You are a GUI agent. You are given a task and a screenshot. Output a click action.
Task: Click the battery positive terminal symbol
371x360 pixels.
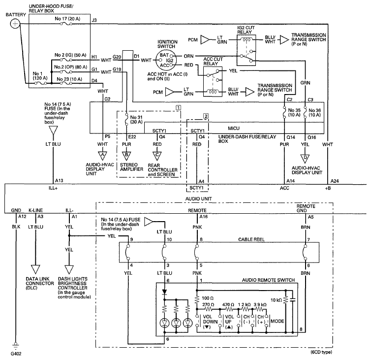15,24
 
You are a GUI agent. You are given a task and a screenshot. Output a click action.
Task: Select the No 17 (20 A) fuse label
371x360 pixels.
67,19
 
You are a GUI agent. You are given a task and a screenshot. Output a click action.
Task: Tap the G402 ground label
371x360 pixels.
16,354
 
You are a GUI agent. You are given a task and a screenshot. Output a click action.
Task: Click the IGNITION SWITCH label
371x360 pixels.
167,44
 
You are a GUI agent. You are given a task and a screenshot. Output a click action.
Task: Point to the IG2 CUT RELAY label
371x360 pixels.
246,30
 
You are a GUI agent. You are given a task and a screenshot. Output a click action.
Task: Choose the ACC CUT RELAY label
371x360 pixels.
213,62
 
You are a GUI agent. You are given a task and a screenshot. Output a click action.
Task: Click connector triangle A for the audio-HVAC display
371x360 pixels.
102,156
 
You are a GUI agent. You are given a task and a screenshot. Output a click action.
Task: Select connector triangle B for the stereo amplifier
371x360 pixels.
126,156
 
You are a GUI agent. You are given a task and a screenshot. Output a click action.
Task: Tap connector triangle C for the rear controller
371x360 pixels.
157,156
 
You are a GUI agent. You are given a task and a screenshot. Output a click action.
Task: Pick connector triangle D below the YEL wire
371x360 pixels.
305,158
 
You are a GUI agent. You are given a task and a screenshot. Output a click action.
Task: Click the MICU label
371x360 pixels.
234,129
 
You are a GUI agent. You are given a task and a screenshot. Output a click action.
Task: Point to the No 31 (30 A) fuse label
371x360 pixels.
136,120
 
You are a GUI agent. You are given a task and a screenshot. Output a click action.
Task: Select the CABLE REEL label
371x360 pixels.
251,239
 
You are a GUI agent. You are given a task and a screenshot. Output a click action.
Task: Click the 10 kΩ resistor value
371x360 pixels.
276,300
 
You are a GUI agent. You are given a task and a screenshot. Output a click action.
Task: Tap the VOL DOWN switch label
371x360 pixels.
210,322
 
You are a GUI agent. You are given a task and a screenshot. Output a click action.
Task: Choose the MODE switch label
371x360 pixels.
277,321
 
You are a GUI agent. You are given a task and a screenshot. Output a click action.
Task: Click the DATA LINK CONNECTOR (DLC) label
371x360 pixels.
40,284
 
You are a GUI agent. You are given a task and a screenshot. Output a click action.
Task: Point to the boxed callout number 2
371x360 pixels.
206,116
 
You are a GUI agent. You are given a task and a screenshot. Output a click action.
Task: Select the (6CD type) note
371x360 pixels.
321,352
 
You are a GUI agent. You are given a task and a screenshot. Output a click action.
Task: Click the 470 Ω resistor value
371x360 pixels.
228,304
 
